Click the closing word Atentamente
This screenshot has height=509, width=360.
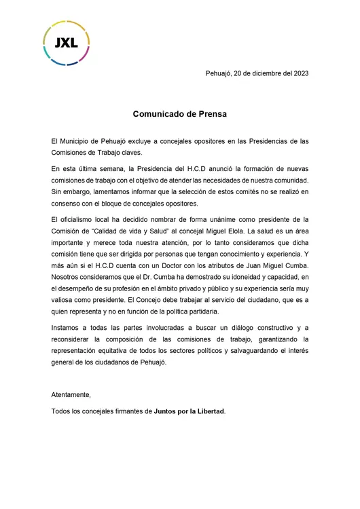pyautogui.click(x=71, y=394)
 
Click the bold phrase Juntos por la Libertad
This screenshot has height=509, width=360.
pyautogui.click(x=189, y=411)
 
